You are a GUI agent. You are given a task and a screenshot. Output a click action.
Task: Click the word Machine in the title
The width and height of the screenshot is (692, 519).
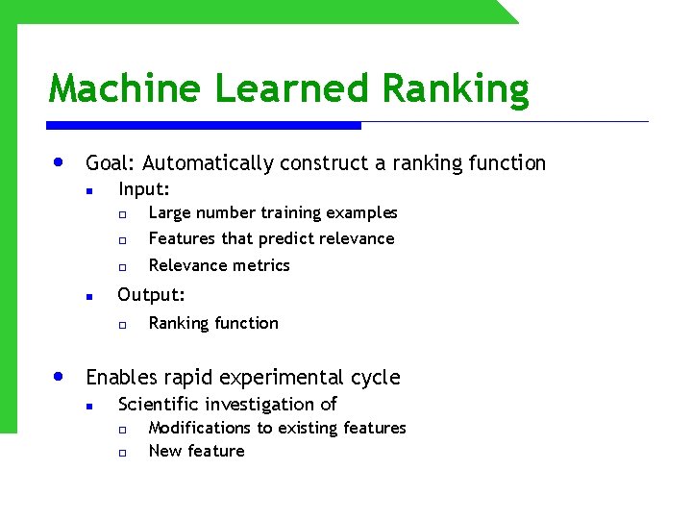(126, 88)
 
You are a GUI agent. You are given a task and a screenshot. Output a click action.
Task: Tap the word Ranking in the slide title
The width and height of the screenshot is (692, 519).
(455, 88)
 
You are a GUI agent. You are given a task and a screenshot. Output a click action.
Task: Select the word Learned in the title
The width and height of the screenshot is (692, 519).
(292, 88)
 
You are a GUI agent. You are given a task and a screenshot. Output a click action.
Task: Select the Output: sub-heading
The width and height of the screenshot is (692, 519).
(151, 295)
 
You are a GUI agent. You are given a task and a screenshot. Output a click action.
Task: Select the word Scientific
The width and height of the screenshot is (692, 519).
(159, 404)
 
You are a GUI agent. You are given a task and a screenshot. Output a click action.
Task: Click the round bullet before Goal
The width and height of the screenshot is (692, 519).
(61, 161)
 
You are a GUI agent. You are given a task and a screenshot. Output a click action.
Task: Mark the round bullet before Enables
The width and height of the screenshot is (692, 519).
(61, 376)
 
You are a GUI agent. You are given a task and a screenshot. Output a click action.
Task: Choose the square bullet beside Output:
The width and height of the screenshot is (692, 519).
(87, 297)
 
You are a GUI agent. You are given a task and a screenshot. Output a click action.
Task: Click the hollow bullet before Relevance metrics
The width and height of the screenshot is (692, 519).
(123, 266)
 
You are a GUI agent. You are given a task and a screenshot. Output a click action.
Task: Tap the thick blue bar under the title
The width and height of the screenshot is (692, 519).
(204, 125)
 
